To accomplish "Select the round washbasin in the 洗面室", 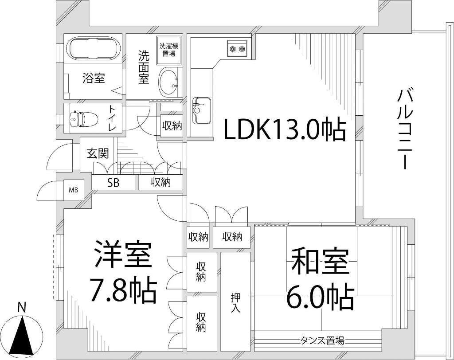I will (x=168, y=82).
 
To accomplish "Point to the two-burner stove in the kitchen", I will (x=237, y=47).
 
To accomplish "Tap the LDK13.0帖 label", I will (x=284, y=129).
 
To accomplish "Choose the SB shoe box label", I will (x=113, y=183).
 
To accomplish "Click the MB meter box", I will (x=73, y=190).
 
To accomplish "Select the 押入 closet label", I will (x=235, y=302).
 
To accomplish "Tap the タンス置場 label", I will (x=323, y=340).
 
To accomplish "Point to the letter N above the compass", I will (x=21, y=307).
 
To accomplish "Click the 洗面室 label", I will (x=144, y=67).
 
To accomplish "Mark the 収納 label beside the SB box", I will (x=160, y=182).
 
